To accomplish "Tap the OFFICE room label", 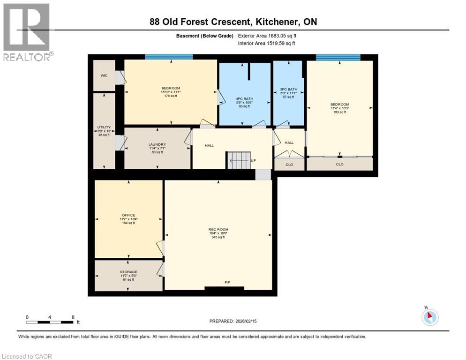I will [128, 216].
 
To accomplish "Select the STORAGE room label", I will [128, 272].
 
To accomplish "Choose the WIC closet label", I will [104, 75].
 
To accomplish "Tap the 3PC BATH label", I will [289, 89].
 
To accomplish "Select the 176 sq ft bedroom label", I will [171, 89].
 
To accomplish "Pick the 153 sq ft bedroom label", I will [339, 105].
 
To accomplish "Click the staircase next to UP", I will [239, 160].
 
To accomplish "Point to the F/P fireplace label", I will [227, 282].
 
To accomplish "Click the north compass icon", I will [429, 317].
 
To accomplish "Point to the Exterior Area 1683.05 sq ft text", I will [267, 36].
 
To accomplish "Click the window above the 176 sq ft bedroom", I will [169, 57].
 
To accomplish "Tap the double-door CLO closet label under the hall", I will [289, 165].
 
